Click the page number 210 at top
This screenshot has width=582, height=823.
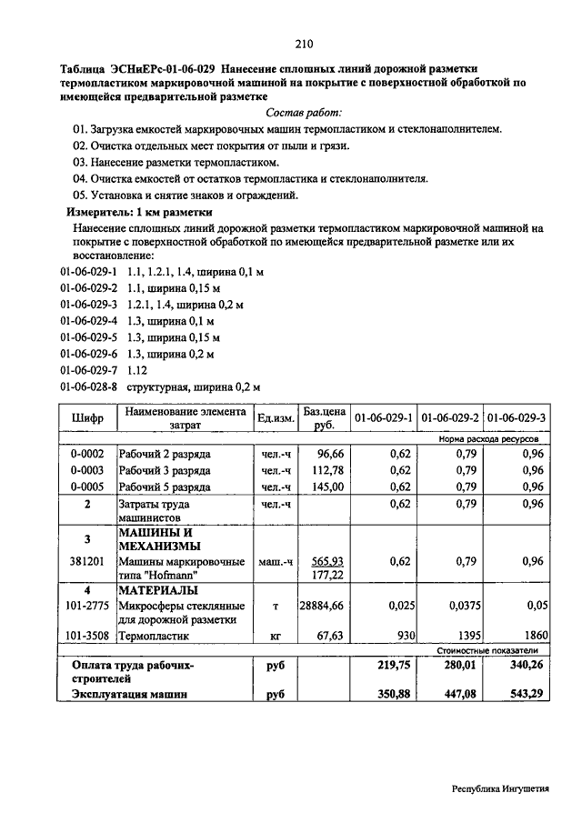click(x=304, y=43)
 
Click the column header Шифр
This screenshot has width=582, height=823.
click(x=87, y=417)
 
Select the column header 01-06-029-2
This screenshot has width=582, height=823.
click(x=450, y=417)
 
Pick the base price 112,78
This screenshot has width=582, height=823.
click(x=327, y=470)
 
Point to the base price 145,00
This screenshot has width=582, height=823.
click(x=327, y=487)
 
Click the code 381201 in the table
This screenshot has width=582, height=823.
click(x=87, y=561)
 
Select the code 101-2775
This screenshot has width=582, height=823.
click(x=87, y=605)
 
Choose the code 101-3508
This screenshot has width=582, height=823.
click(x=87, y=637)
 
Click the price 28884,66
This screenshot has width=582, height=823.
click(x=323, y=605)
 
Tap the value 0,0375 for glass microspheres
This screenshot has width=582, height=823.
click(x=460, y=605)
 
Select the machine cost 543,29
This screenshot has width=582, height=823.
click(x=525, y=695)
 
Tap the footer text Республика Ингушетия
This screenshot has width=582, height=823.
click(x=500, y=789)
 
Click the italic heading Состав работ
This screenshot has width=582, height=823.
click(x=304, y=112)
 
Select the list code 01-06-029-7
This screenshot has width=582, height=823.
click(x=89, y=370)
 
